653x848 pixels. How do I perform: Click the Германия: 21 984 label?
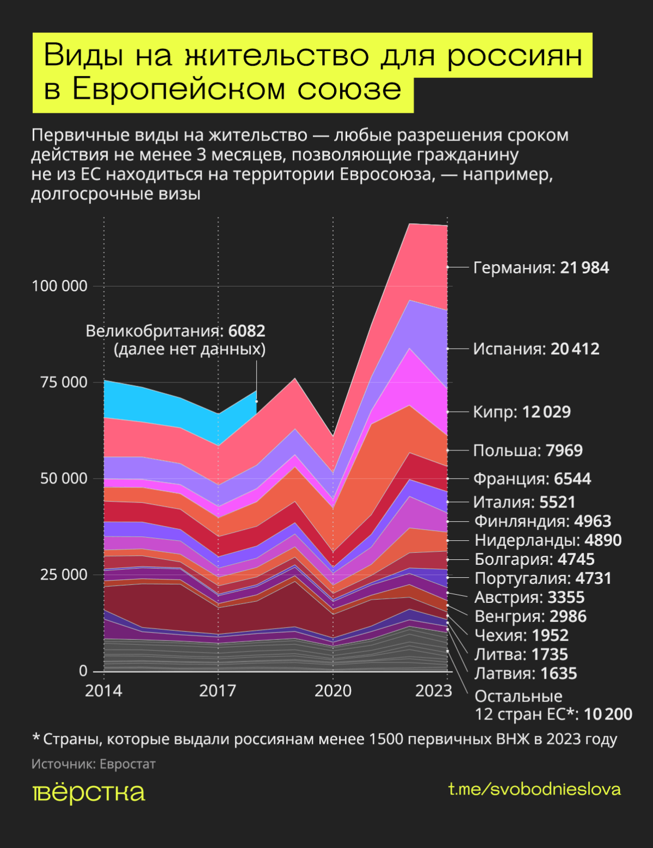click(x=541, y=267)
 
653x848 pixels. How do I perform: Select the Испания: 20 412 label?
click(x=536, y=349)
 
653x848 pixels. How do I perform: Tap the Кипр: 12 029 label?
click(x=522, y=412)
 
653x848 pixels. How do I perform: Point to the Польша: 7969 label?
click(x=528, y=450)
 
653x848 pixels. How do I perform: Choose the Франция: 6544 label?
click(x=531, y=479)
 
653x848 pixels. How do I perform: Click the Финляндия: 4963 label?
click(x=542, y=521)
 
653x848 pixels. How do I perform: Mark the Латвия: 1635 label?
click(x=525, y=674)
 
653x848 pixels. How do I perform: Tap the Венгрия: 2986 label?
click(x=530, y=617)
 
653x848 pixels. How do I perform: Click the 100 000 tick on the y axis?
click(x=59, y=286)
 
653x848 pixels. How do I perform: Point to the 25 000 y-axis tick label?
click(x=63, y=575)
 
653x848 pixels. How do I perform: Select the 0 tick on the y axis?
click(x=83, y=671)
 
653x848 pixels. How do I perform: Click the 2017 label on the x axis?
click(x=217, y=691)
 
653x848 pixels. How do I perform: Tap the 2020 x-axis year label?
click(x=333, y=691)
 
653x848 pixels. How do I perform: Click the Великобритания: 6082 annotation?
click(x=176, y=331)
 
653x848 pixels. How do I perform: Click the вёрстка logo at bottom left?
click(x=88, y=793)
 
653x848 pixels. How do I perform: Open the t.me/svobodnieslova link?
click(x=534, y=790)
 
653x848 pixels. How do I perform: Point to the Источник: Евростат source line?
click(x=93, y=764)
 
